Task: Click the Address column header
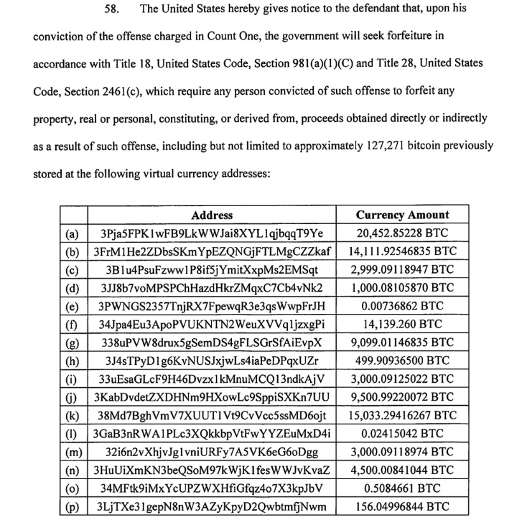[x=212, y=216]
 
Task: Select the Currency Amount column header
[x=402, y=216]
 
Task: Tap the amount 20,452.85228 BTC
[x=402, y=234]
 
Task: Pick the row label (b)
[x=73, y=252]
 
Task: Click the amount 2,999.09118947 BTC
[x=402, y=270]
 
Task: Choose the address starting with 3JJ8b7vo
[x=212, y=288]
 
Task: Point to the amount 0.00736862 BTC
[x=402, y=306]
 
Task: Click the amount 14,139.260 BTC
[x=402, y=325]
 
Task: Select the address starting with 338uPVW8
[x=212, y=343]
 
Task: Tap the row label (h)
[x=73, y=361]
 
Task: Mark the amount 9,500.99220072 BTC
[x=402, y=397]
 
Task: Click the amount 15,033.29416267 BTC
[x=402, y=416]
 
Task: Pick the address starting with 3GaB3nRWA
[x=212, y=434]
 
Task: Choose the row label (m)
[x=73, y=452]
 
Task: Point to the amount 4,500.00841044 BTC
[x=402, y=471]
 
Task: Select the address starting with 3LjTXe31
[x=212, y=507]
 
